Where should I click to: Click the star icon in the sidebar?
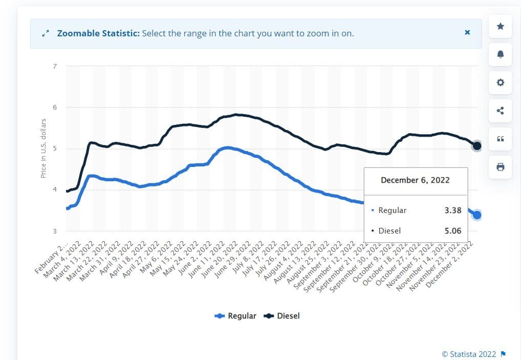coord(500,26)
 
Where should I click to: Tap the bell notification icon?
coord(500,54)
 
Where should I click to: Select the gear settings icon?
coord(500,82)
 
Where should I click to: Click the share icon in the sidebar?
coord(500,111)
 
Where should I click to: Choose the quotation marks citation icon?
coord(500,139)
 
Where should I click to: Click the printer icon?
coord(500,167)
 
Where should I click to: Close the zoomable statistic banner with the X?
coord(467,32)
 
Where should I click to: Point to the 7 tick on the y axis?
coord(55,66)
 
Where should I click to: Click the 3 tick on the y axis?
coord(55,231)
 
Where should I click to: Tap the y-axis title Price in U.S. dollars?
coord(44,149)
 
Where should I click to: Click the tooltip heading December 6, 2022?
coord(415,180)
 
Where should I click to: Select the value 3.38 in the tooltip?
coord(452,210)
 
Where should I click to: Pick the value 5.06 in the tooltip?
coord(452,231)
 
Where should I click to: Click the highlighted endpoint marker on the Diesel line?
coord(476,146)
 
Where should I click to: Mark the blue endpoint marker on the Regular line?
coord(476,215)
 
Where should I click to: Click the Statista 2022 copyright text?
coord(469,354)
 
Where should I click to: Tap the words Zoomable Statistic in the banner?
coord(98,33)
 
